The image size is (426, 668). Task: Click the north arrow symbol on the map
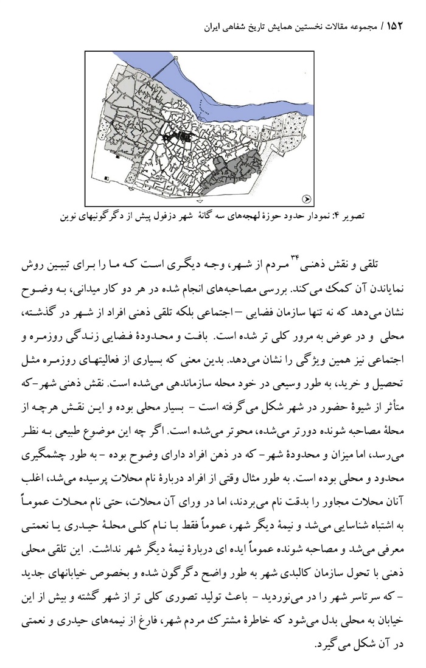tap(307, 198)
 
